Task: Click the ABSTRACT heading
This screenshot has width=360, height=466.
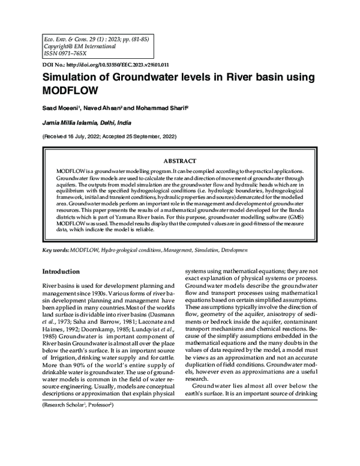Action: pos(179,162)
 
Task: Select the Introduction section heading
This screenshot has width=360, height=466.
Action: pos(66,271)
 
